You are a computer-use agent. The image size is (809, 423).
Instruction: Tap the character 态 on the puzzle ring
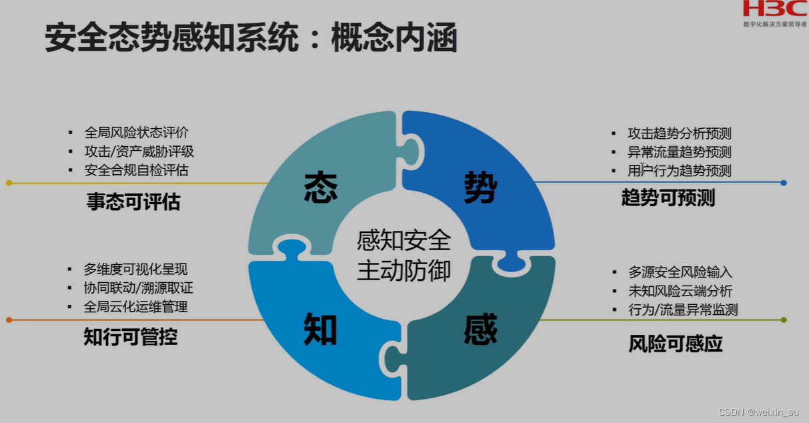(x=320, y=187)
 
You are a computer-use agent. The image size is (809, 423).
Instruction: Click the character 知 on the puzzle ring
(x=320, y=330)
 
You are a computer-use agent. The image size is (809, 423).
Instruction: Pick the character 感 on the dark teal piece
(x=481, y=330)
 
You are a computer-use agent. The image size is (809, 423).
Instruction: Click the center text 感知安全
(x=404, y=240)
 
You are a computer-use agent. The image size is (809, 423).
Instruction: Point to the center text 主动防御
(x=404, y=270)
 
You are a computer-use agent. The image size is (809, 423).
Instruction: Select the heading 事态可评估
(x=133, y=202)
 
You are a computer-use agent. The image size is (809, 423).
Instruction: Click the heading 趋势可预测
(x=668, y=198)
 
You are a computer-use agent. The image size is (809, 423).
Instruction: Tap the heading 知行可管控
(x=131, y=337)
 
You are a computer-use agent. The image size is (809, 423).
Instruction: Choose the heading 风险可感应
(x=676, y=344)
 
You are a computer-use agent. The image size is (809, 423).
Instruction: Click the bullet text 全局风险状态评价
(x=136, y=133)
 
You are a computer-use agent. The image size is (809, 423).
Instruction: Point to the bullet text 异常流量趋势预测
(x=679, y=152)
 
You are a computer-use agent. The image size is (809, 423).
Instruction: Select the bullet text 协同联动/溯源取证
(x=138, y=288)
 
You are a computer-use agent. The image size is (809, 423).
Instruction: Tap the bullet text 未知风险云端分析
(x=680, y=291)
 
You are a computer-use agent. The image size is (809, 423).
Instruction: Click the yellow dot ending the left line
(x=9, y=183)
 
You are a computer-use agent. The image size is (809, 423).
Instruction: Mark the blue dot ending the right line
(x=784, y=182)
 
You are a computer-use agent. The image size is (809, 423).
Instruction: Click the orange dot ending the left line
(x=9, y=320)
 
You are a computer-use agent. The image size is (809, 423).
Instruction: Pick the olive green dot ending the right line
(x=784, y=320)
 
